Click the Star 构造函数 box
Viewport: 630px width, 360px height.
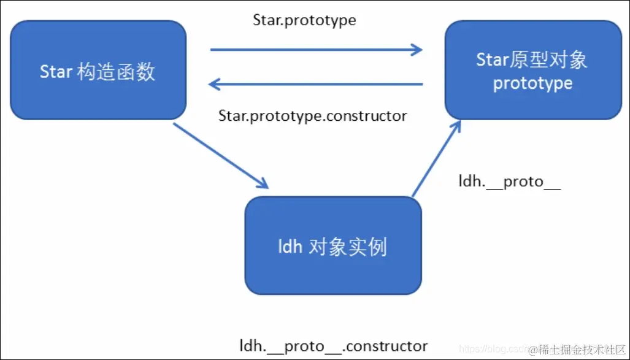[98, 70]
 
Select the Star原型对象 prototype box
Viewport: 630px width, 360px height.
[532, 70]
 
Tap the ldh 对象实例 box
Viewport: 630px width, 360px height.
[333, 246]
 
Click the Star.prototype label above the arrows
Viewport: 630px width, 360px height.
[304, 20]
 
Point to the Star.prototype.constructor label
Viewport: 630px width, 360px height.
[312, 115]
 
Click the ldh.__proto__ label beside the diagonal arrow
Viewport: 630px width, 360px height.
[510, 182]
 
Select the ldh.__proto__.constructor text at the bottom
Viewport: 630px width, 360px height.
[333, 345]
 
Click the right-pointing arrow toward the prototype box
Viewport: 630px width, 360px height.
[316, 50]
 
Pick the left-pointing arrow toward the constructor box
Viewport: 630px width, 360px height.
[316, 83]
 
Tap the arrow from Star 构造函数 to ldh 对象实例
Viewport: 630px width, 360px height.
[221, 156]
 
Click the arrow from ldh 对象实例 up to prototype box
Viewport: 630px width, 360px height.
[436, 158]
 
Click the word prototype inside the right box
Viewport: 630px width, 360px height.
[532, 83]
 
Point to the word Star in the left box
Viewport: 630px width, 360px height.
[56, 72]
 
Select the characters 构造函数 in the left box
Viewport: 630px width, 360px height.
[117, 72]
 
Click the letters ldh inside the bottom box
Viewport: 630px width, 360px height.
[290, 247]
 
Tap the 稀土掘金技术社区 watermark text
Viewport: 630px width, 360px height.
[580, 349]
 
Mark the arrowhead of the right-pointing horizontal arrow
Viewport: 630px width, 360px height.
[417, 50]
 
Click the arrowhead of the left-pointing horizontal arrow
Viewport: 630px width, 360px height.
[215, 83]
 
